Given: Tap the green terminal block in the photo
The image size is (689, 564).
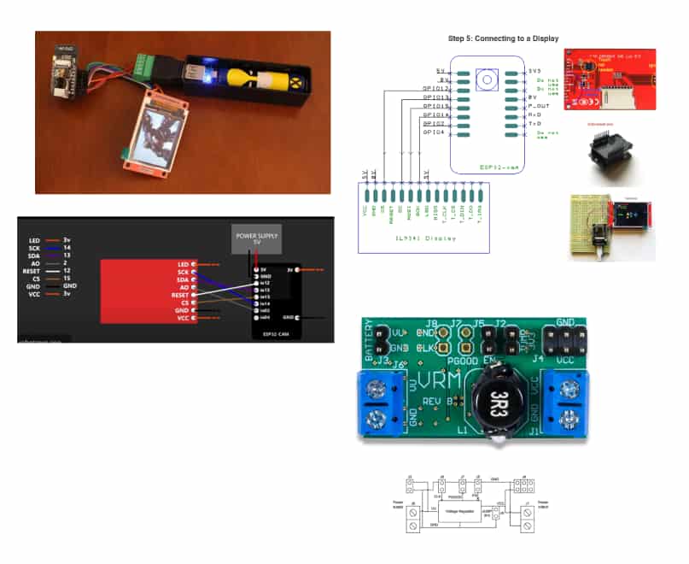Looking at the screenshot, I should pyautogui.click(x=143, y=64).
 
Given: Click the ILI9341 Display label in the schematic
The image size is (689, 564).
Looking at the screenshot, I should pyautogui.click(x=422, y=238).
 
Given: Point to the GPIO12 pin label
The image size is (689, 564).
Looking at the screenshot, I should pyautogui.click(x=435, y=87).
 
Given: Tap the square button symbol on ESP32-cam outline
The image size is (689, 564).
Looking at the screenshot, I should pyautogui.click(x=487, y=80).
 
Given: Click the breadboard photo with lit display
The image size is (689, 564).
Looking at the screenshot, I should pyautogui.click(x=611, y=224).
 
